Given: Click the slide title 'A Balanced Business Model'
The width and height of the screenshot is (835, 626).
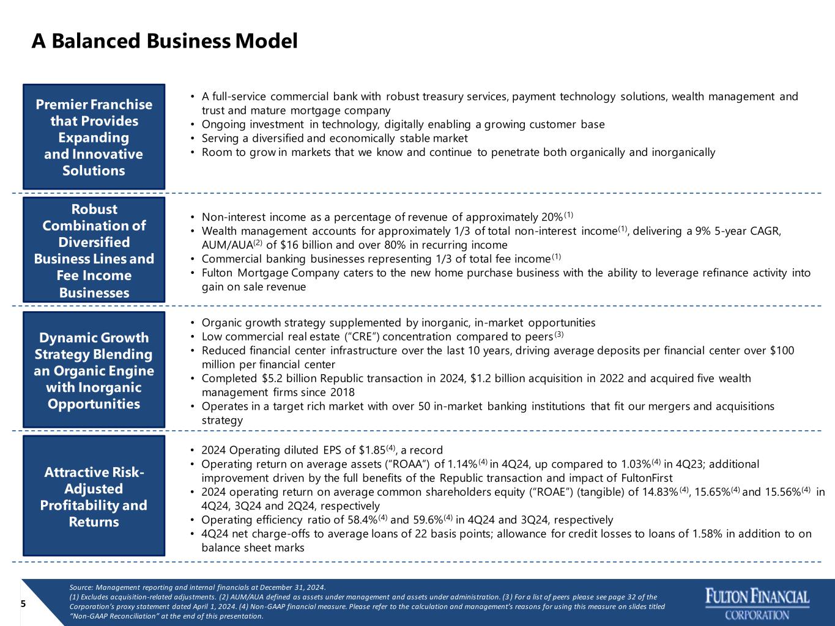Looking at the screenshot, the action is click(x=165, y=41).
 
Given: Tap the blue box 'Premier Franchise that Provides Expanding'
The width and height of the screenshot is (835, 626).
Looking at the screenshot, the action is click(x=94, y=137).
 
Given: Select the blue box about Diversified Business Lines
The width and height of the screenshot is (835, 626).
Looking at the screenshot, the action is click(x=94, y=249).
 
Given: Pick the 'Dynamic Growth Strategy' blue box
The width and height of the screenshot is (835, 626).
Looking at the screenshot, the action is click(x=94, y=369).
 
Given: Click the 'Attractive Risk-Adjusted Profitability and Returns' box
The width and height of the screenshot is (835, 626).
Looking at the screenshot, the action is click(x=94, y=496).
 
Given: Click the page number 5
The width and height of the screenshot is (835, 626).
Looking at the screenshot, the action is click(x=23, y=603).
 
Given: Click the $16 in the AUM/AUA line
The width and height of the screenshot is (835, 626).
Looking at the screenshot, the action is click(x=290, y=245).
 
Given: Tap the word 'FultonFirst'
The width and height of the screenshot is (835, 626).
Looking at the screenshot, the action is click(x=647, y=478).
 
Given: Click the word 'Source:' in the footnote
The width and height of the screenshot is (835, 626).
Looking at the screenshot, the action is click(x=81, y=587).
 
